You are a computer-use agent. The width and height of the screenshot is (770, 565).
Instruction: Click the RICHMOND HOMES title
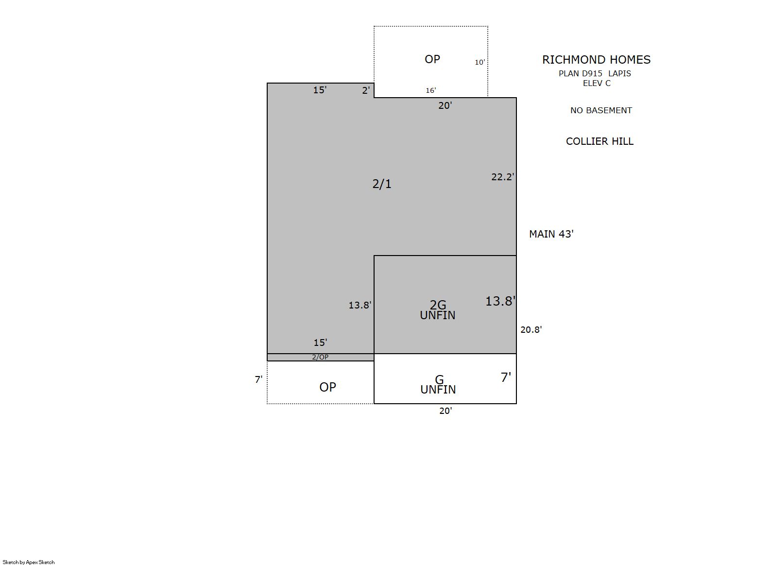tap(596, 60)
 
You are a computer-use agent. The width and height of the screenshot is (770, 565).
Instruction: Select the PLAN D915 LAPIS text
tap(595, 73)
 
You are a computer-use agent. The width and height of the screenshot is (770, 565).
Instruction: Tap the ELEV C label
tap(597, 83)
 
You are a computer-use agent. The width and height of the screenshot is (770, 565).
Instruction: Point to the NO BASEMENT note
tap(601, 110)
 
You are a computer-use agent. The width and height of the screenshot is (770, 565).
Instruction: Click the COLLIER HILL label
tap(599, 141)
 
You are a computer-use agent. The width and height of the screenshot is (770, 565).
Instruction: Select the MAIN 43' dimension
tap(551, 234)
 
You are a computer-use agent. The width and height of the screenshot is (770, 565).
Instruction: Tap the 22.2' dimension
tap(502, 177)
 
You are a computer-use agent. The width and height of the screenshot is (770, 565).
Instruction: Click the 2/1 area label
tap(382, 184)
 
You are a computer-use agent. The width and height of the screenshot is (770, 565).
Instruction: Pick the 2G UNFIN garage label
tap(438, 309)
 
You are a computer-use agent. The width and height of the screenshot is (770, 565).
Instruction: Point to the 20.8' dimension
tap(531, 329)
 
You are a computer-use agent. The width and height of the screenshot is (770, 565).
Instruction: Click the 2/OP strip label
tap(320, 357)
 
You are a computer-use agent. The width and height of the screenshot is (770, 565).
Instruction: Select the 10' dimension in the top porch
tap(480, 62)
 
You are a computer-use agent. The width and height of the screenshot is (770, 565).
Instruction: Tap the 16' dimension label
tap(431, 90)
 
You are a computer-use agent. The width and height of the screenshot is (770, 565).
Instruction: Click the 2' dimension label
tap(366, 90)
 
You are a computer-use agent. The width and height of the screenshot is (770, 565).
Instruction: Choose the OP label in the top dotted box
tap(432, 59)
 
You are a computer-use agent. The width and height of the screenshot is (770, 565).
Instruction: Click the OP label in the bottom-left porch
tap(327, 387)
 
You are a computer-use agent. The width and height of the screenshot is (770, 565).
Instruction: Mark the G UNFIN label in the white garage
tap(438, 385)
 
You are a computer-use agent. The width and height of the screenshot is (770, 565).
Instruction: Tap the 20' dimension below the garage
tap(445, 411)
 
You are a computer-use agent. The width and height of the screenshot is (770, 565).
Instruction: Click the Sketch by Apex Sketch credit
tap(29, 562)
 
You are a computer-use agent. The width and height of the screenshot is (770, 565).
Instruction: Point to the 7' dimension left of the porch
tap(258, 379)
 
